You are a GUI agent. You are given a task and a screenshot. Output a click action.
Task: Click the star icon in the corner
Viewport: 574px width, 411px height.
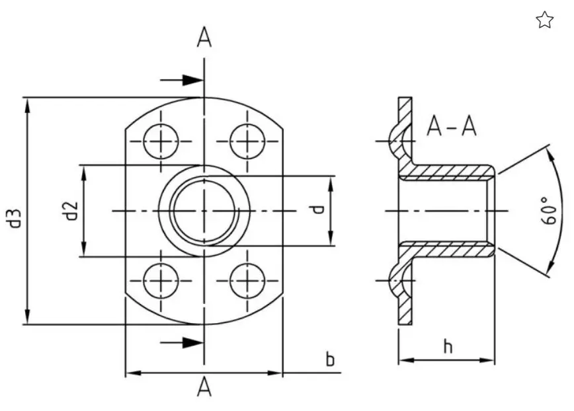pos(544,20)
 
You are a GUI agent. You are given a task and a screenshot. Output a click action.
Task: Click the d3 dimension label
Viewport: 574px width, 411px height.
pos(15,219)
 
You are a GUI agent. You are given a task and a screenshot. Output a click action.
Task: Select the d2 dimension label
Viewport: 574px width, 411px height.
pos(71,211)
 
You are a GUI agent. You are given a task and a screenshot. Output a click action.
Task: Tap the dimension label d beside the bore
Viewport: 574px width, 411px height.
pos(318,209)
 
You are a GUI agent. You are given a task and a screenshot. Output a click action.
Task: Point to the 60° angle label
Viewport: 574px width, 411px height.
pos(548,210)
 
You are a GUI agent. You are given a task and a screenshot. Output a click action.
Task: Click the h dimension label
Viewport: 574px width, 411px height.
pos(448,346)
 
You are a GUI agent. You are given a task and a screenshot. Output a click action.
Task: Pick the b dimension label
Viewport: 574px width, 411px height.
pos(330,359)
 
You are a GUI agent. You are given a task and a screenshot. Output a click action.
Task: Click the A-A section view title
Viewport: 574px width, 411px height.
pos(452,126)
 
